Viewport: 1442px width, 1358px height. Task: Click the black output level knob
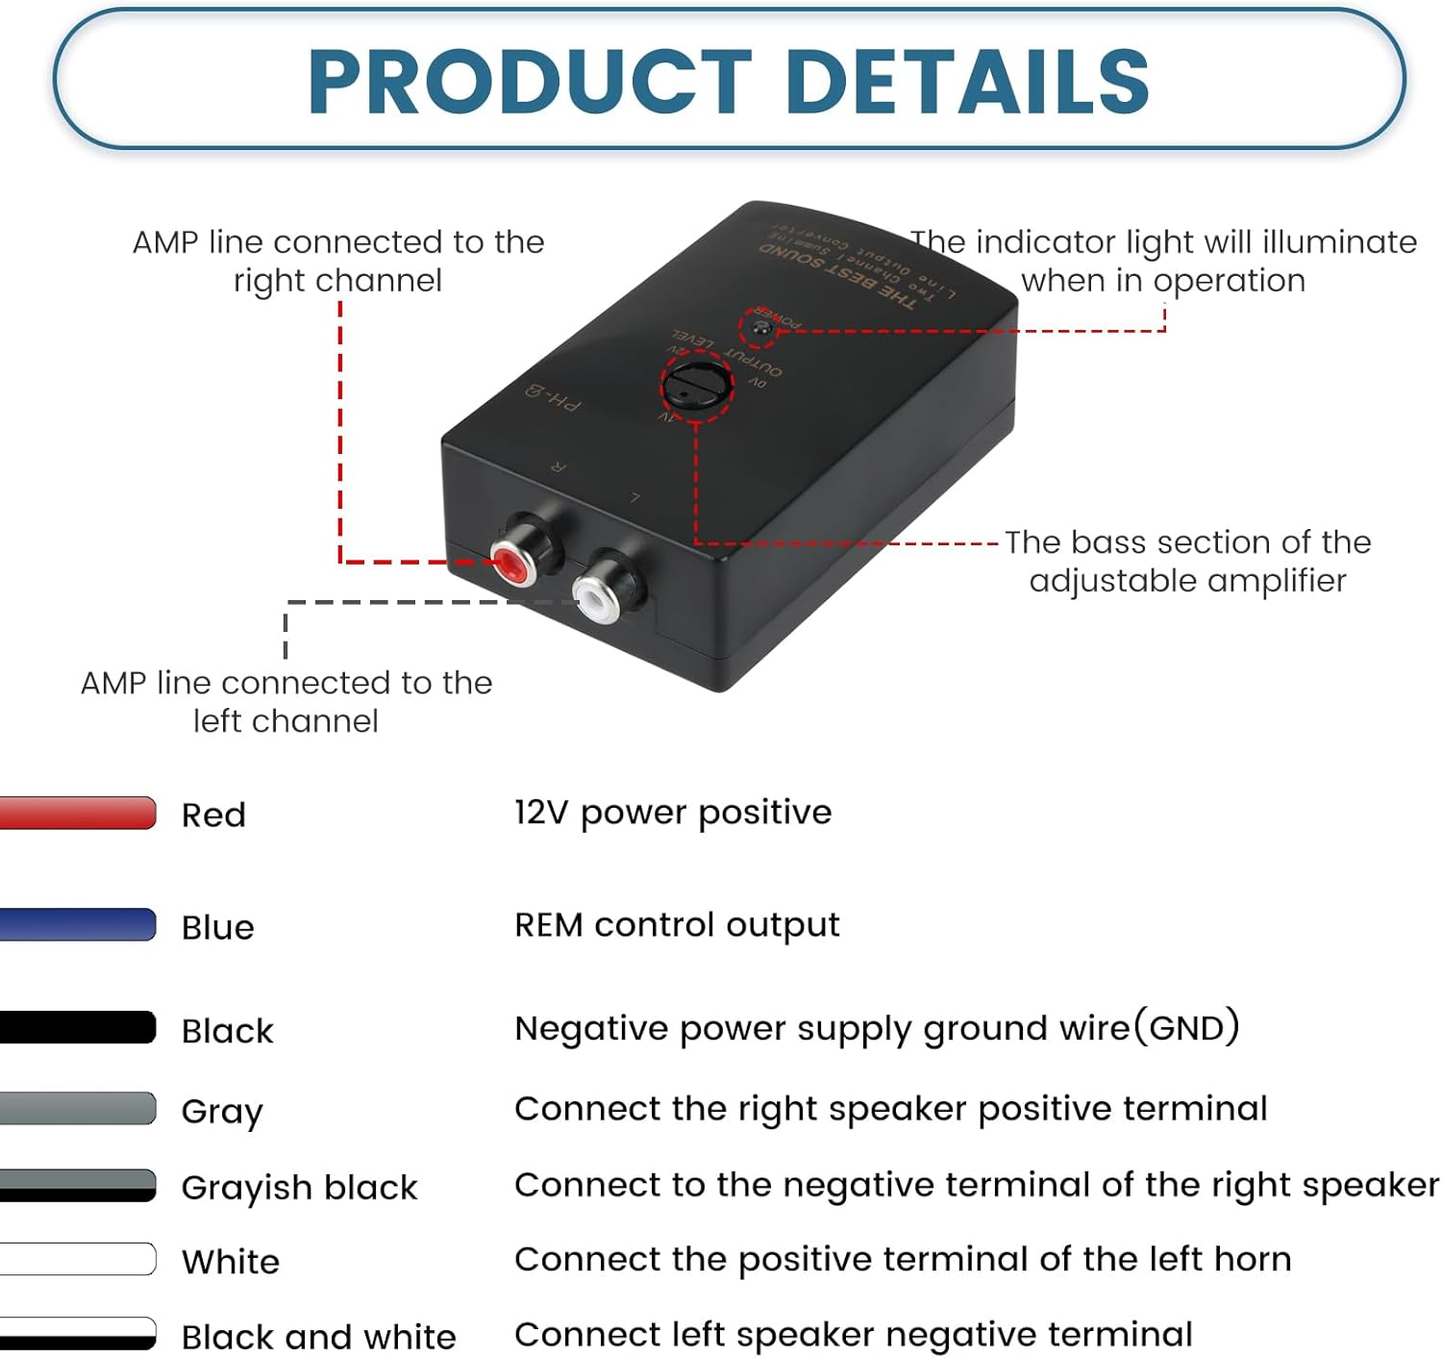click(692, 386)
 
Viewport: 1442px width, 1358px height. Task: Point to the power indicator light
click(762, 328)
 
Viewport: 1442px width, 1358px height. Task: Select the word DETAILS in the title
click(967, 82)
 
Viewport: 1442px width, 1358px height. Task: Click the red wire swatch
click(77, 813)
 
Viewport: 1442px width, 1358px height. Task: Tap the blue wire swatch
click(77, 924)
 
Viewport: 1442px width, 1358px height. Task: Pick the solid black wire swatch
click(77, 1027)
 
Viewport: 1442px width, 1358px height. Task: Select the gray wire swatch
click(77, 1108)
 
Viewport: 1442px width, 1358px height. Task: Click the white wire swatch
click(77, 1259)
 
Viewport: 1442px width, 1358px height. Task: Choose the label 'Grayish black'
click(299, 1188)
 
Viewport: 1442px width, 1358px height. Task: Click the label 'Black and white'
click(318, 1337)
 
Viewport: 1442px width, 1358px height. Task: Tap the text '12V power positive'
click(673, 813)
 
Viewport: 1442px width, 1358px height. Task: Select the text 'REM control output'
click(677, 925)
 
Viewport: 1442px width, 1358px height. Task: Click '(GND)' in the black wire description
click(1186, 1027)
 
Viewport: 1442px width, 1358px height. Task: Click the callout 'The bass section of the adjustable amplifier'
click(1187, 561)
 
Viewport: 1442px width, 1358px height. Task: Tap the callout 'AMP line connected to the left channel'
click(286, 701)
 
